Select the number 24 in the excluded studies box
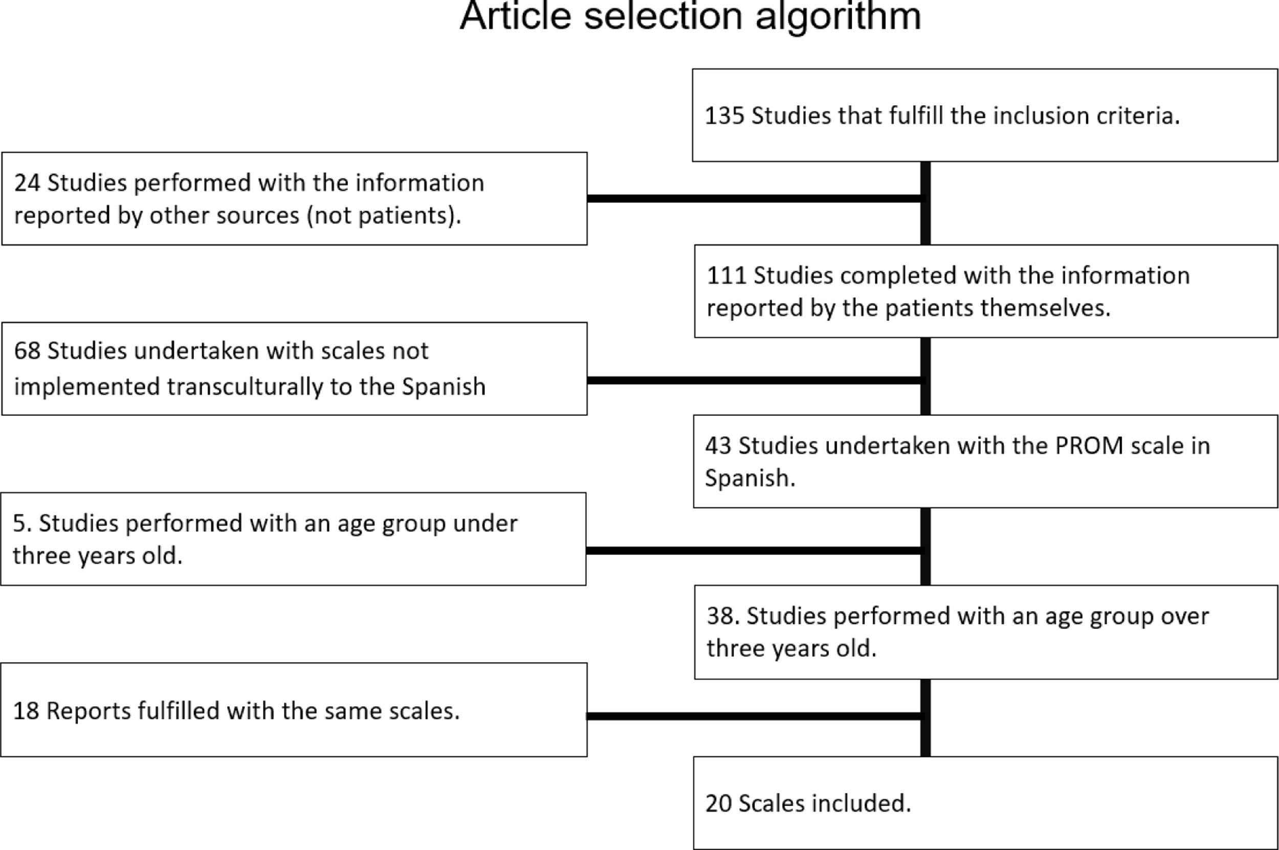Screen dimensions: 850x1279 [27, 183]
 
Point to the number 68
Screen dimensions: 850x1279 [27, 351]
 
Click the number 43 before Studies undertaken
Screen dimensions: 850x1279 [718, 446]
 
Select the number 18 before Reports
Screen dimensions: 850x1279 [26, 711]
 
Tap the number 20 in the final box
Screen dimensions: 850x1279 [718, 803]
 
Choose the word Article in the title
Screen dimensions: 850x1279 [515, 16]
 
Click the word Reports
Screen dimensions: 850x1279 [89, 711]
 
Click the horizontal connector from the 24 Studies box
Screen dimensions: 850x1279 [754, 198]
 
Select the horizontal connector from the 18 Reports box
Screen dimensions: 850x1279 [754, 717]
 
